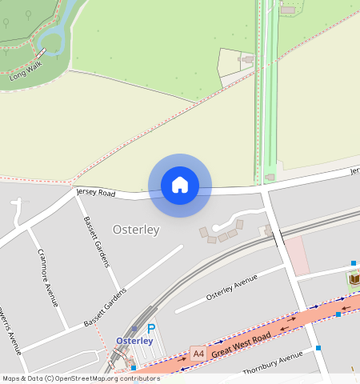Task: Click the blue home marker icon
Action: (180, 185)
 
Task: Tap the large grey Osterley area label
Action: (136, 230)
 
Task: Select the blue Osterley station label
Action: (134, 340)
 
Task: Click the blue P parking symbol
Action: (151, 328)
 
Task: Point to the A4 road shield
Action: (198, 351)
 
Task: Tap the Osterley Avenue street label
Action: (232, 287)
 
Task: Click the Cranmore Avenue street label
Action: (48, 277)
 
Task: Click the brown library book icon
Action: (354, 279)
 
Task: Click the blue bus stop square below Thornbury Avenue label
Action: (318, 348)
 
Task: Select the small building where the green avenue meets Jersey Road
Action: (270, 177)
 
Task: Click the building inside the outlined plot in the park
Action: (248, 58)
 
